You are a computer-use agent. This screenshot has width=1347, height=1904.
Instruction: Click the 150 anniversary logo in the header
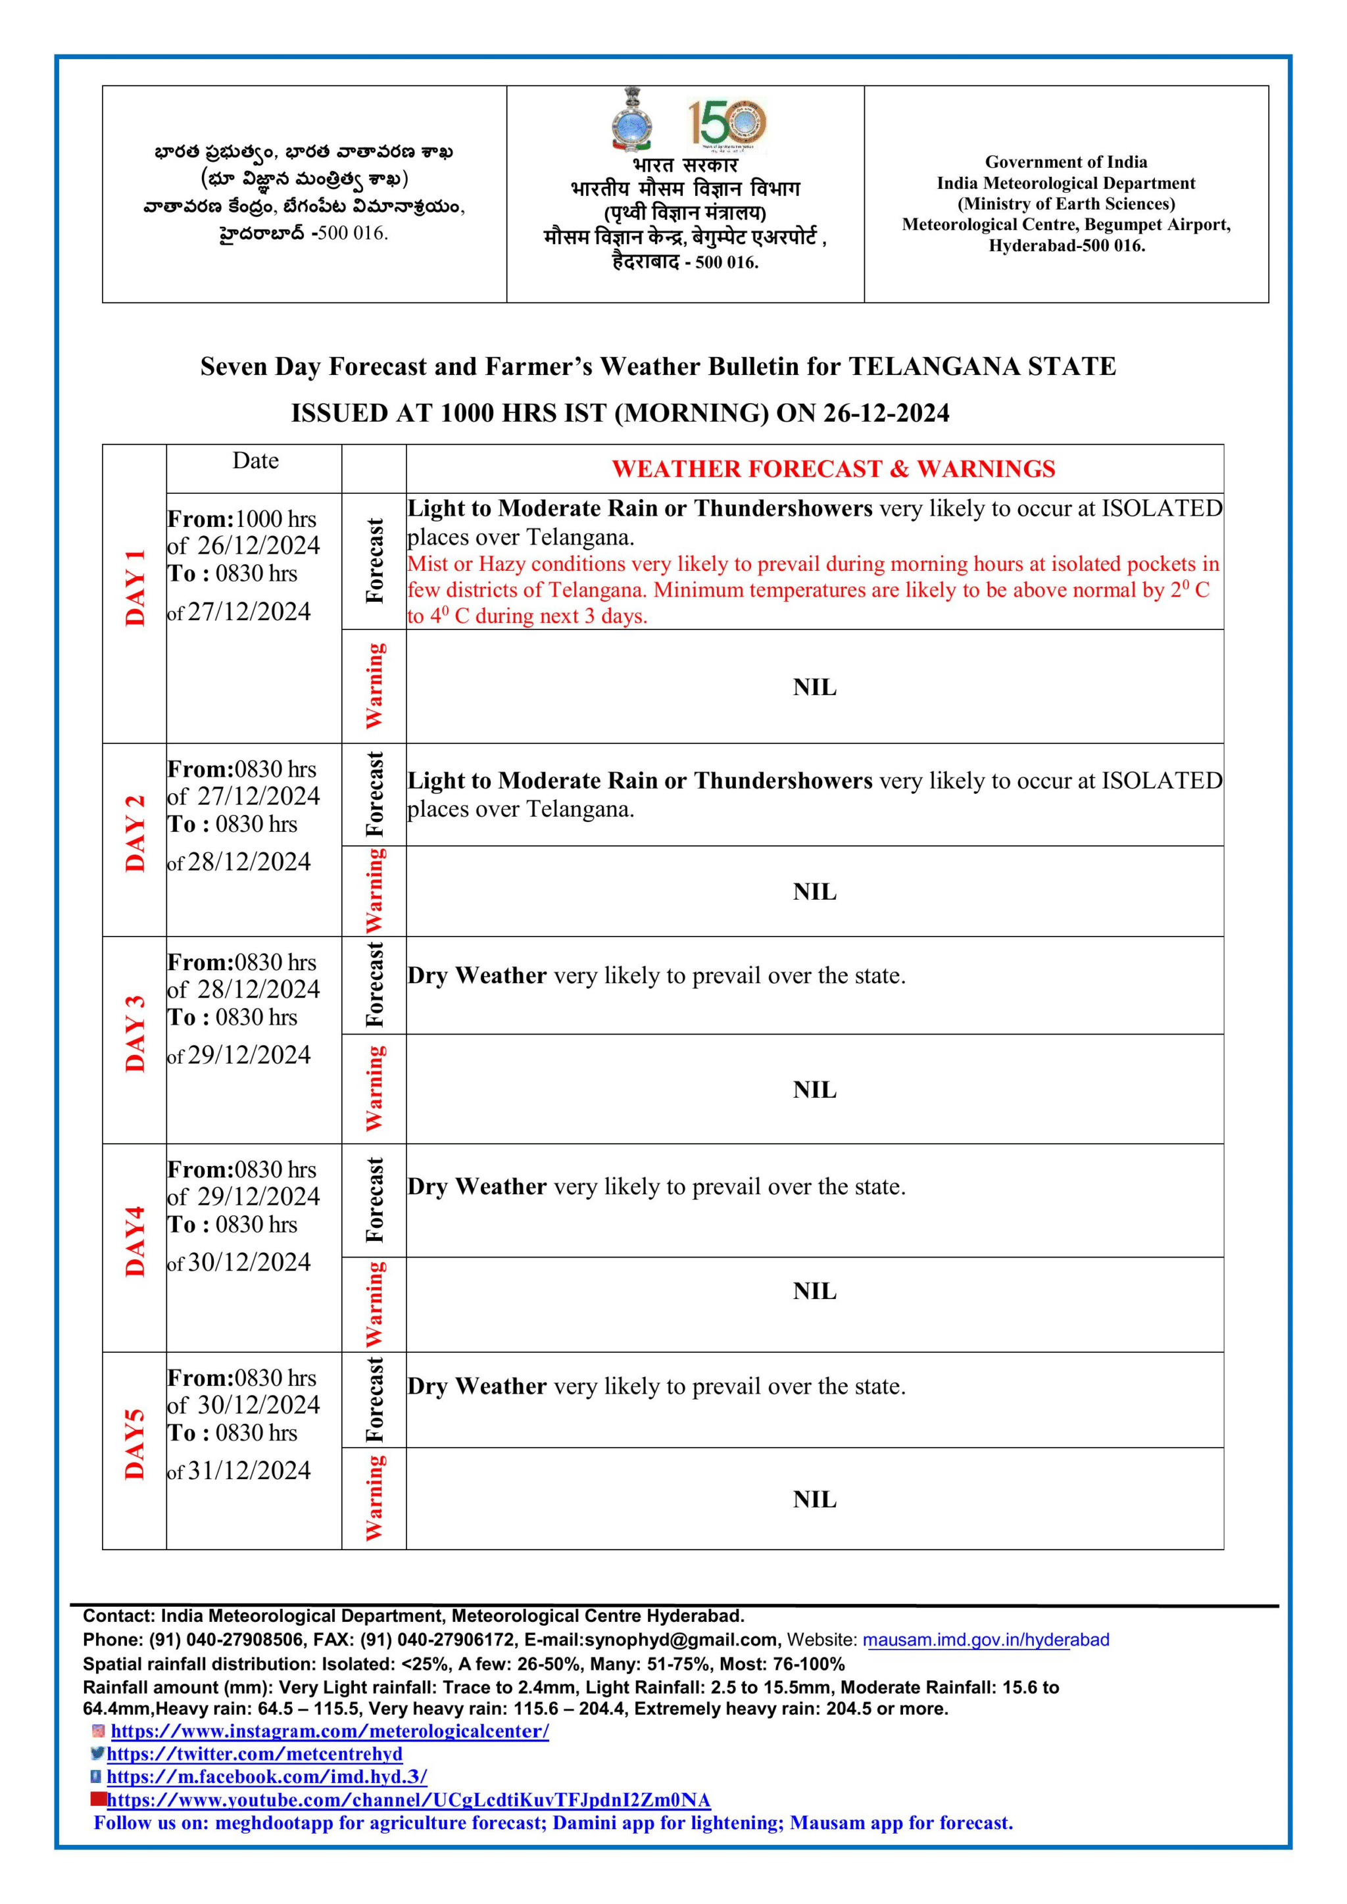tap(727, 124)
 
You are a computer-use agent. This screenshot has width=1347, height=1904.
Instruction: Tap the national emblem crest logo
tap(632, 121)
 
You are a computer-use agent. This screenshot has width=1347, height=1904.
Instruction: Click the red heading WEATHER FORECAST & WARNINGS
tap(833, 470)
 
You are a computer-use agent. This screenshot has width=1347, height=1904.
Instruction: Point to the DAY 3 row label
tap(135, 1034)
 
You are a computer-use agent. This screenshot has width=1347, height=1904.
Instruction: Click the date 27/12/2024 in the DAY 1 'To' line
tap(249, 612)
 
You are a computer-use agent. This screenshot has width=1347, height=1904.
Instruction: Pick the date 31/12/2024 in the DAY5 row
tap(249, 1471)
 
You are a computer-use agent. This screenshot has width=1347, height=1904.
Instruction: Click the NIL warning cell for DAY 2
tap(814, 892)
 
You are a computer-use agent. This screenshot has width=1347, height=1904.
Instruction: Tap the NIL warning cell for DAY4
tap(814, 1291)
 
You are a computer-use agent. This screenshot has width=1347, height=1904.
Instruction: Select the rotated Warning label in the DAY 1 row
tap(375, 686)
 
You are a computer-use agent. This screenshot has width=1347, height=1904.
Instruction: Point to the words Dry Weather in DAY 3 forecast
tap(477, 976)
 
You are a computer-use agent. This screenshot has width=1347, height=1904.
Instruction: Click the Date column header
tap(255, 461)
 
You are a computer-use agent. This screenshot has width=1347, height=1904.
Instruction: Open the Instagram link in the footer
tap(330, 1732)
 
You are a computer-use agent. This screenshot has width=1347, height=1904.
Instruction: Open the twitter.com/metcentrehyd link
tap(255, 1754)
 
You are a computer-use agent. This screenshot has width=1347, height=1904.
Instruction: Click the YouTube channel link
tap(408, 1799)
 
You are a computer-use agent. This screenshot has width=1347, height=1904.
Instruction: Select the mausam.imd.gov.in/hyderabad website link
tap(985, 1640)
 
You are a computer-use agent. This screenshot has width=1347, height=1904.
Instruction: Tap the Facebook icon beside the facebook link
tap(96, 1776)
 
